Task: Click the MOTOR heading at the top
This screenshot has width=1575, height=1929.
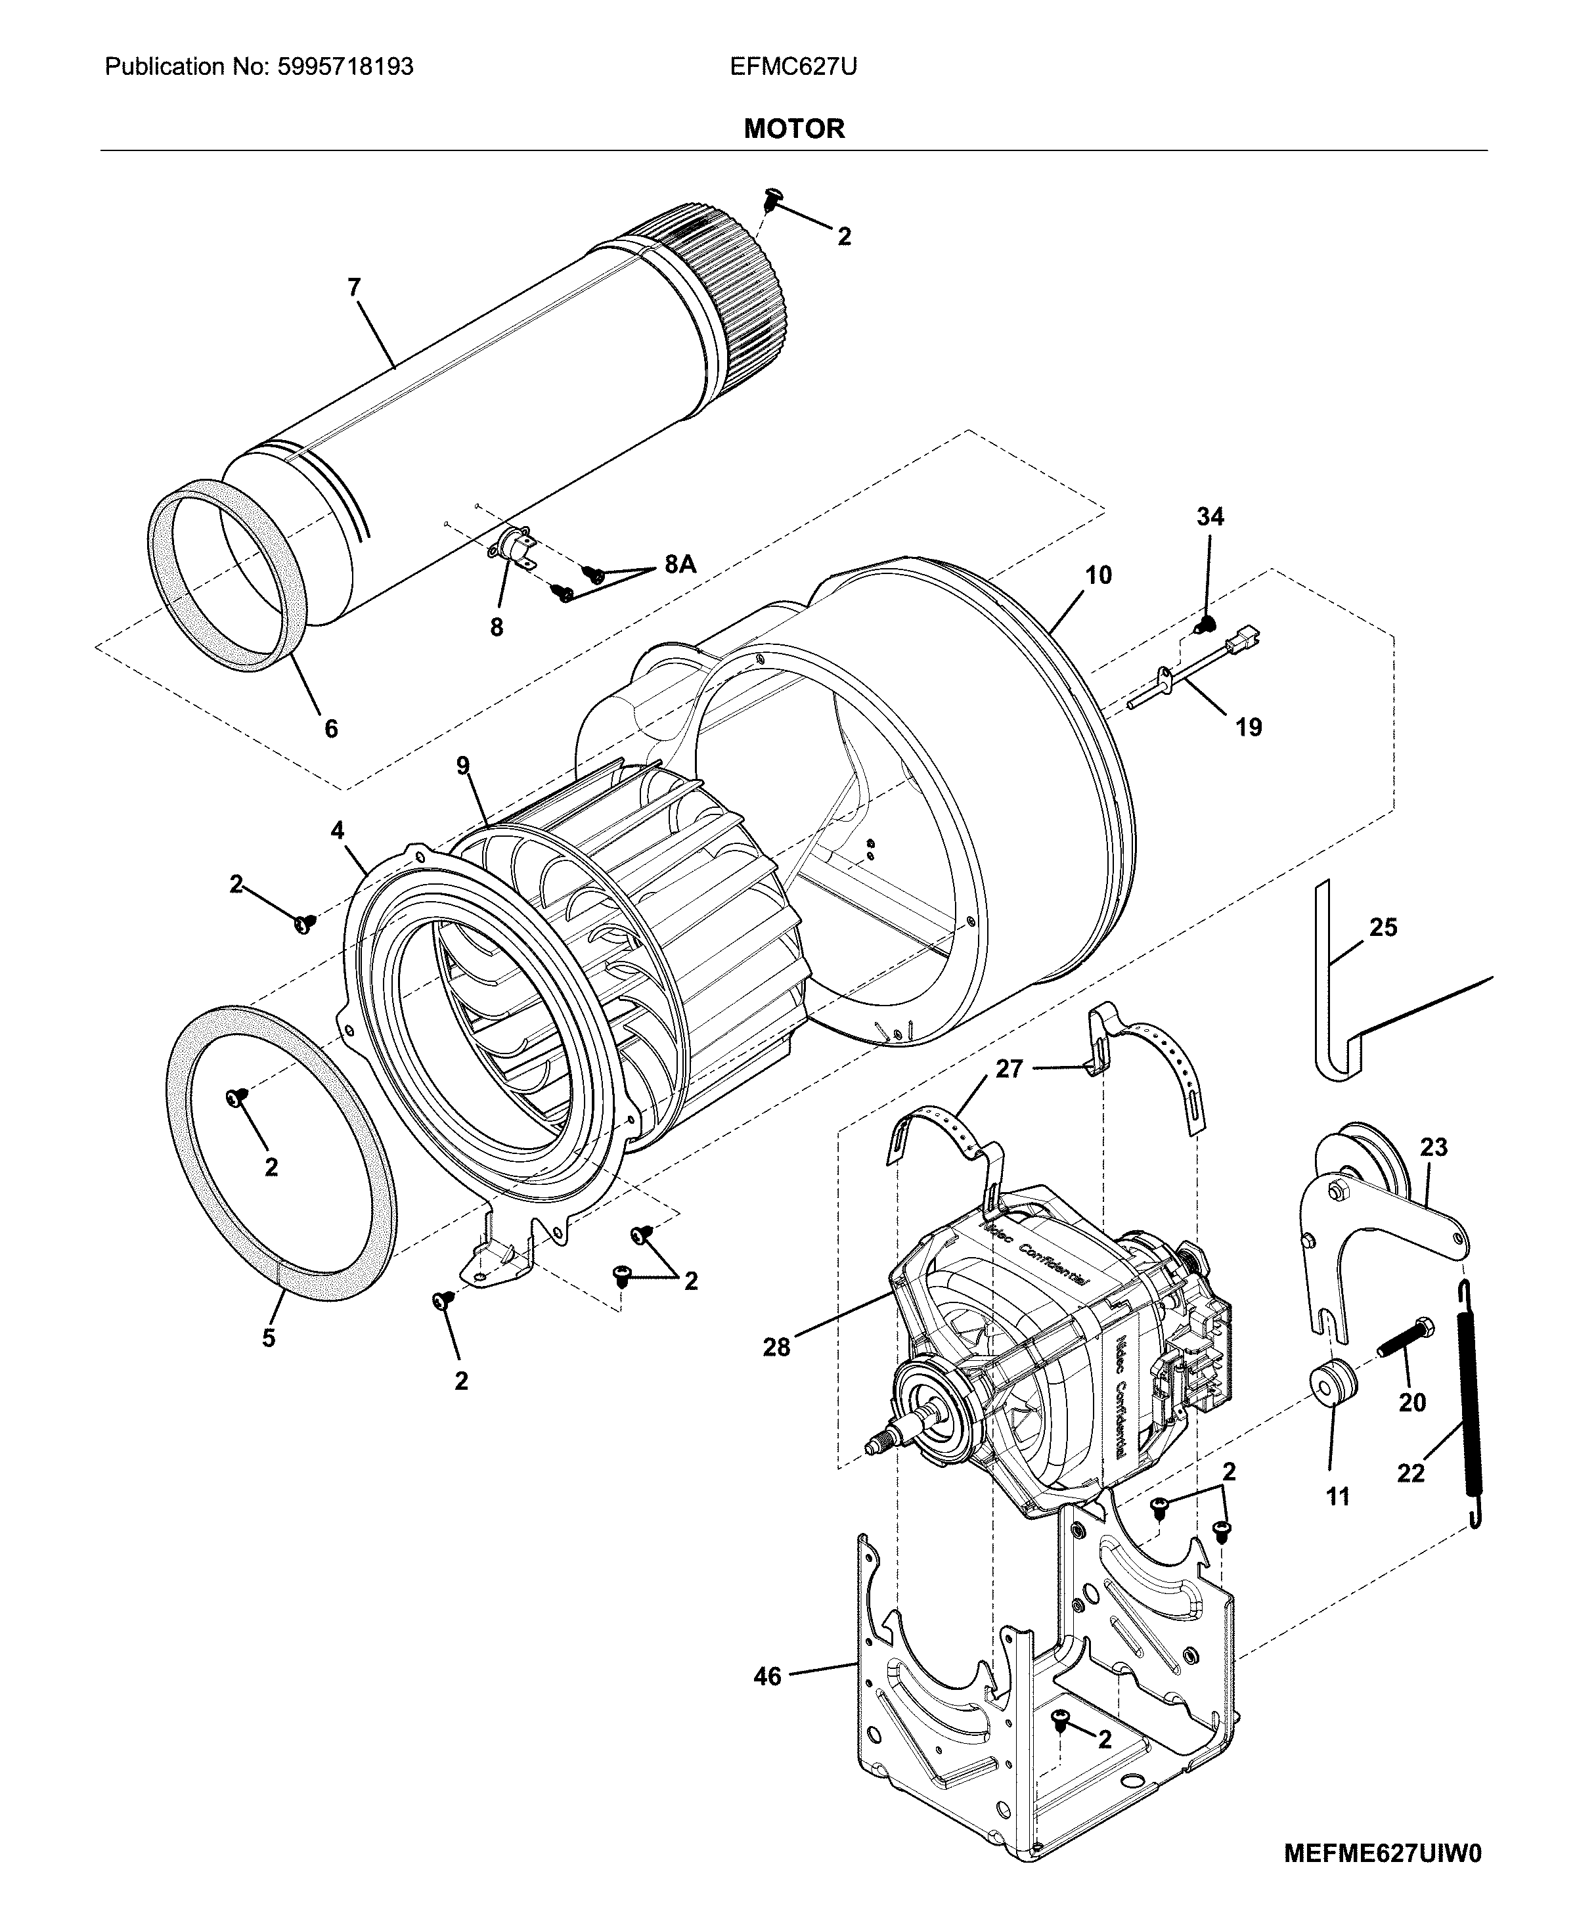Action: pos(794,129)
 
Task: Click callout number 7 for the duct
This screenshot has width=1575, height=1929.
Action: pos(354,288)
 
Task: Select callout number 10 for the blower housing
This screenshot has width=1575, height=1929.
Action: pos(1098,575)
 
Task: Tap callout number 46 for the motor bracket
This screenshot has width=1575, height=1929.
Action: pos(768,1677)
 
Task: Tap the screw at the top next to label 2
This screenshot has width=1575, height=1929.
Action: pos(773,197)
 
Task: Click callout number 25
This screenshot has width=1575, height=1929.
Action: pos(1383,927)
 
